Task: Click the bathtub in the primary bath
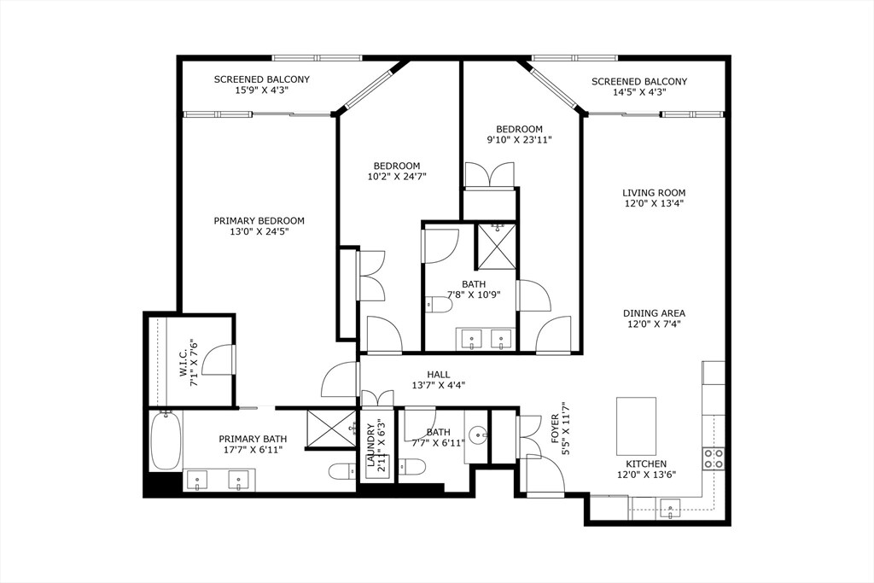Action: (166, 440)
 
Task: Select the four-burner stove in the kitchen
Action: (713, 458)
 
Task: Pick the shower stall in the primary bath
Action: (331, 428)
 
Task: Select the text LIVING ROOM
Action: (653, 193)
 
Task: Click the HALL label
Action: (439, 374)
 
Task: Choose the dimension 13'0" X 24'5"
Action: (259, 231)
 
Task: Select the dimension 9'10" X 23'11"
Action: (514, 140)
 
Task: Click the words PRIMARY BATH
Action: (250, 438)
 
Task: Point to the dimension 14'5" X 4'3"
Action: (639, 91)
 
